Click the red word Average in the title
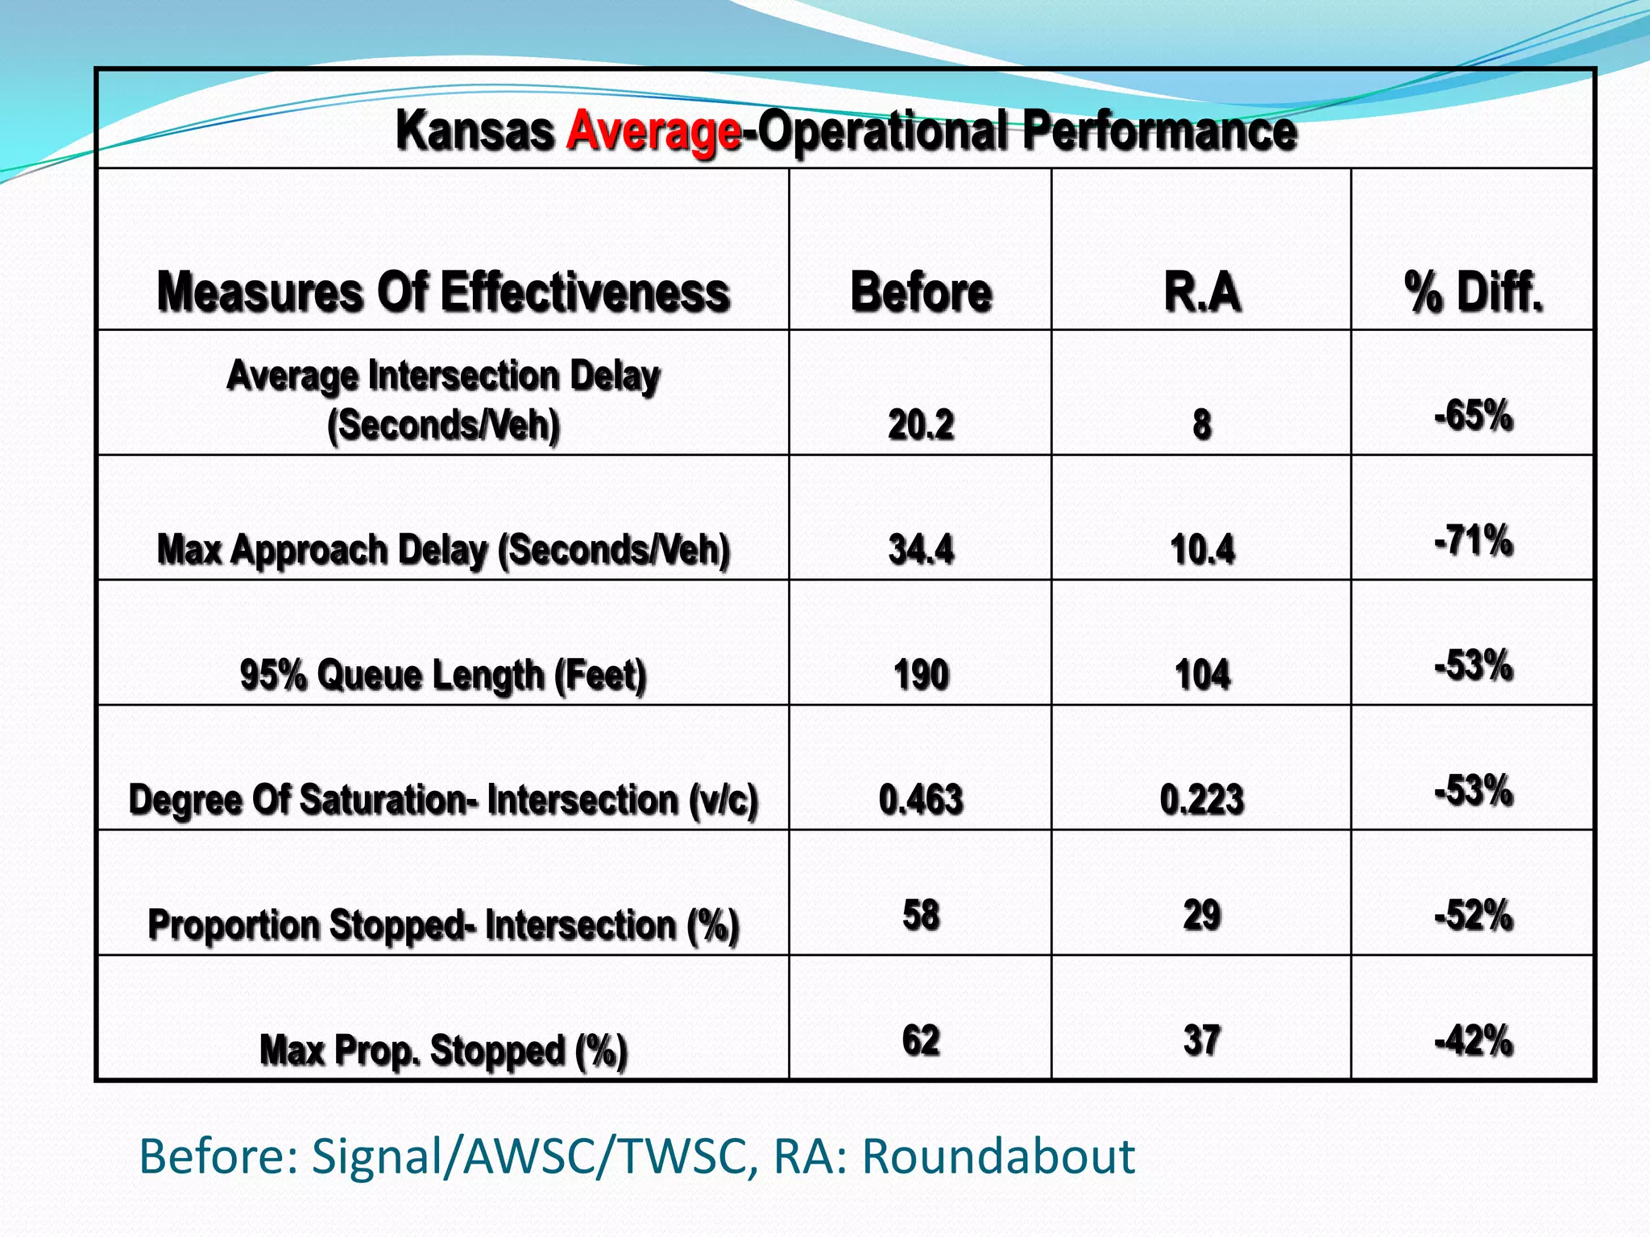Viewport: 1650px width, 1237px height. [653, 131]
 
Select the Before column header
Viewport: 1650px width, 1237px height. [921, 292]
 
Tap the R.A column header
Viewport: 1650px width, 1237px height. [1202, 292]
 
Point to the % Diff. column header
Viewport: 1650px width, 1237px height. [1474, 292]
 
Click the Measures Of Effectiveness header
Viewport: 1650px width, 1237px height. [443, 292]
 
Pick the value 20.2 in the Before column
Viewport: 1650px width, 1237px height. [921, 424]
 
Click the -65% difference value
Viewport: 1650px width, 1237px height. [1474, 416]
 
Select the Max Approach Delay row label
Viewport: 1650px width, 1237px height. [443, 550]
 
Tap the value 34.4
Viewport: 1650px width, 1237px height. [921, 550]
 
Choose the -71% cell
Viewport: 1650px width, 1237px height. [1474, 540]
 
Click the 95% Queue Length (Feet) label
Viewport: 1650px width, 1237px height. [443, 675]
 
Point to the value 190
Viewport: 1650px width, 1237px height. [921, 675]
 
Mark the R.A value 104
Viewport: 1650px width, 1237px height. [1202, 675]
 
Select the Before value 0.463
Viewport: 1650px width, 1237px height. [921, 800]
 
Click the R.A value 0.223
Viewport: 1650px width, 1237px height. [1202, 800]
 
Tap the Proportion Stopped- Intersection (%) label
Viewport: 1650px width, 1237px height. [443, 925]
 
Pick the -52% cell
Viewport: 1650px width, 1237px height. [1474, 916]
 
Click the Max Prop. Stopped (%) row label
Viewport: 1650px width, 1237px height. [443, 1050]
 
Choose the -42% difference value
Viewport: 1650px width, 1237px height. [1474, 1040]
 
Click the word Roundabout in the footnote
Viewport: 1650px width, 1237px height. [998, 1156]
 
